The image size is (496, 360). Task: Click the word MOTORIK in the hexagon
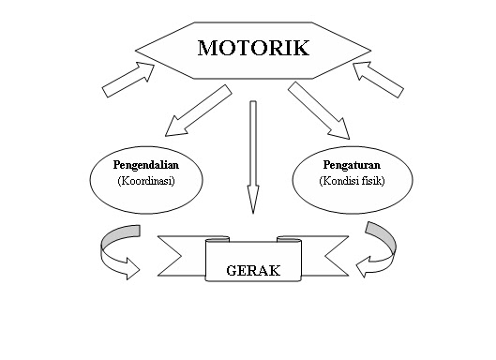pos(252,48)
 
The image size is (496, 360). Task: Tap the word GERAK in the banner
pos(252,272)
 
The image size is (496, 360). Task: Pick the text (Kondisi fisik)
pos(352,180)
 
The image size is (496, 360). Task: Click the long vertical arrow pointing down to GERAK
pos(252,150)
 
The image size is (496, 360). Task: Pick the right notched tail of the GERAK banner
pos(329,255)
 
